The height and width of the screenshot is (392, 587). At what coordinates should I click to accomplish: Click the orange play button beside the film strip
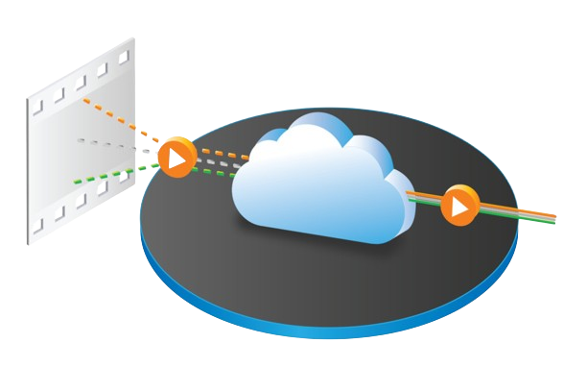click(176, 156)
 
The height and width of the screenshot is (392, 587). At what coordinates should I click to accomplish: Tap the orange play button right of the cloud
click(458, 205)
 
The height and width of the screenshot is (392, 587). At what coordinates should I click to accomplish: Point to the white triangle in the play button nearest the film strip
click(176, 157)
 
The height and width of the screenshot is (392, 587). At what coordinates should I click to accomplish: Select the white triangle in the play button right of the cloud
click(459, 206)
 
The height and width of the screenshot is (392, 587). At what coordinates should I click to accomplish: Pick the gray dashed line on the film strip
click(101, 144)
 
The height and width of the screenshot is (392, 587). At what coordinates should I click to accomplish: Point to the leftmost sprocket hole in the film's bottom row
click(38, 227)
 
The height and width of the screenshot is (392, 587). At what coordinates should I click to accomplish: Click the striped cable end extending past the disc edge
click(537, 214)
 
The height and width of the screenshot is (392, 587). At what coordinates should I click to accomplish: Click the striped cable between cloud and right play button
click(427, 199)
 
